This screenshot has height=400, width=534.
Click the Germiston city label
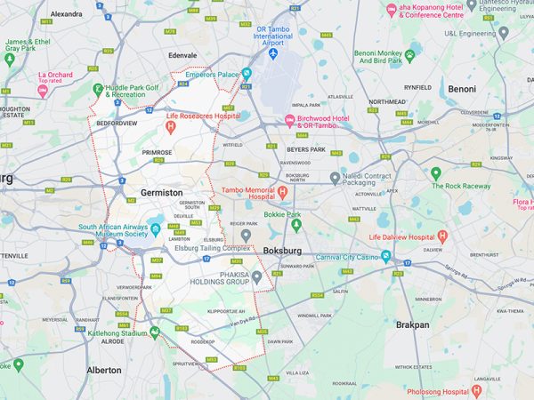[x=161, y=192]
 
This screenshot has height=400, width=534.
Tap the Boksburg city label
[x=282, y=252]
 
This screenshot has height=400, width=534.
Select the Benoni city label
[x=461, y=89]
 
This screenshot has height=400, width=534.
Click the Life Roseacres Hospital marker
[x=171, y=128]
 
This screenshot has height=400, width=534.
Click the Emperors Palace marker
[x=247, y=74]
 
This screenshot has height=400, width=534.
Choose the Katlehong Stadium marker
[x=154, y=332]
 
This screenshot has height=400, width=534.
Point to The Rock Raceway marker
[x=436, y=173]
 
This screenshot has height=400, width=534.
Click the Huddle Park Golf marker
[x=99, y=89]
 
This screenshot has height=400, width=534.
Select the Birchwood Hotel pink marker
[x=288, y=120]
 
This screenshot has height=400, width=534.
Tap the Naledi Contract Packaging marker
[x=335, y=178]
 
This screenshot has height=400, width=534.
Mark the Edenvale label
[x=182, y=55]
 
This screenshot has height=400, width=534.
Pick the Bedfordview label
[x=117, y=124]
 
